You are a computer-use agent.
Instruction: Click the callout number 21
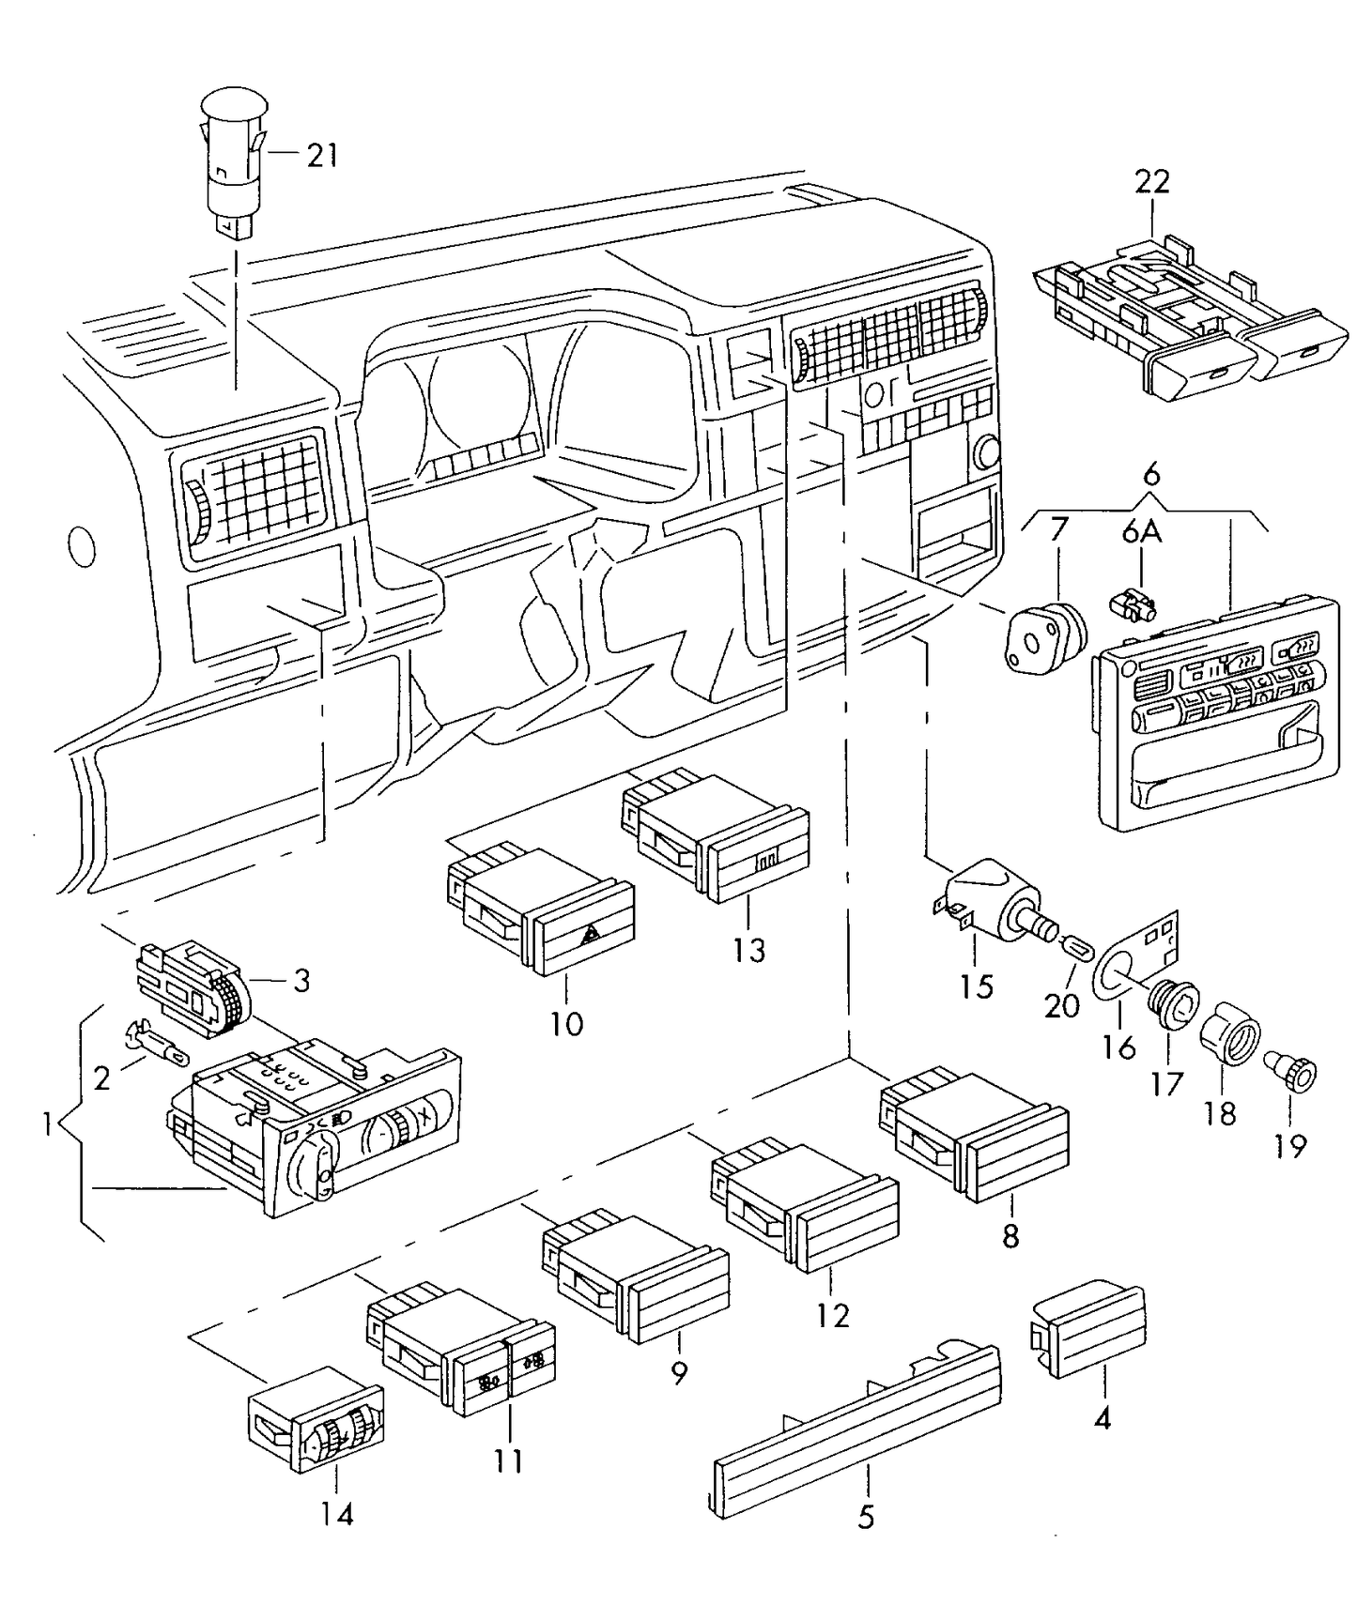tap(322, 155)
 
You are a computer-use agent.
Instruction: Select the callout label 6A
tap(1141, 532)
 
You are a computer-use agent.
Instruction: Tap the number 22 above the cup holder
tap(1151, 181)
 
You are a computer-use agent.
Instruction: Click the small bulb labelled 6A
tap(1133, 604)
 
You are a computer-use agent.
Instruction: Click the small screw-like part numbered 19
tap(1297, 1073)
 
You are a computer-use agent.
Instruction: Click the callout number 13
tap(749, 950)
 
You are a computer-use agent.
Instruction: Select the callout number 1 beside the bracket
tap(47, 1123)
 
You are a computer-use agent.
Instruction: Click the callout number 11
tap(508, 1461)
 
